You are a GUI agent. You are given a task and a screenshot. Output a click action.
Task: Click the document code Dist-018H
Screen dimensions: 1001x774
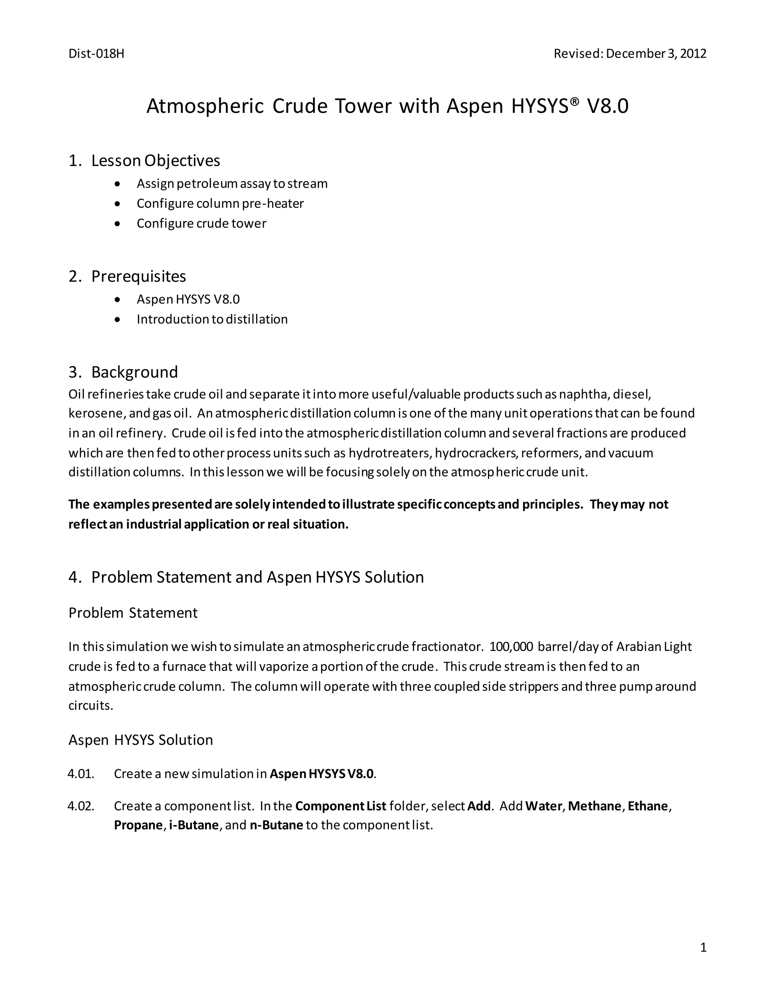(96, 54)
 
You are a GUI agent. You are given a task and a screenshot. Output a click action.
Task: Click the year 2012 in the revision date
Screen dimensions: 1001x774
(693, 54)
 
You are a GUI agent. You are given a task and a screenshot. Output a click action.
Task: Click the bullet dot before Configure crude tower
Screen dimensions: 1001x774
(118, 224)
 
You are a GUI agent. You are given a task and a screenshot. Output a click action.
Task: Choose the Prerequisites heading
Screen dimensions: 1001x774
(138, 277)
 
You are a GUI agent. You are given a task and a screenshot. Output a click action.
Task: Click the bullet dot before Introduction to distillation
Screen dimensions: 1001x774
(118, 320)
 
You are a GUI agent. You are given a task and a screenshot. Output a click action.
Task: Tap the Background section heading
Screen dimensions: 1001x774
(134, 372)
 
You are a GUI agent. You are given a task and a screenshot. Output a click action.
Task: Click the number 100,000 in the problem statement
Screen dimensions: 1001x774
(511, 647)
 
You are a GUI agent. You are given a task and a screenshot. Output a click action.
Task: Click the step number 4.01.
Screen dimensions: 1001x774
(81, 774)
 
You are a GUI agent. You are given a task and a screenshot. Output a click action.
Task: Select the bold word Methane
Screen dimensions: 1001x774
(595, 806)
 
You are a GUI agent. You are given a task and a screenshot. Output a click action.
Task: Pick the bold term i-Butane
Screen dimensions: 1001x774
(193, 825)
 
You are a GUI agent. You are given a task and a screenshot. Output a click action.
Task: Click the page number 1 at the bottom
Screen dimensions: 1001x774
(703, 948)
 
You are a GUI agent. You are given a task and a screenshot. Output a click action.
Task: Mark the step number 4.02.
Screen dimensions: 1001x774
(81, 806)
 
